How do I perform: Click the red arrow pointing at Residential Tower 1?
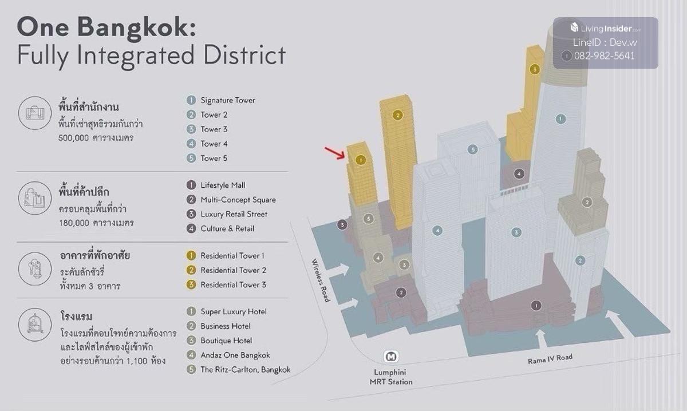click(x=334, y=153)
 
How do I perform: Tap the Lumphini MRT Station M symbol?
click(x=392, y=356)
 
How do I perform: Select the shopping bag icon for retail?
click(x=35, y=198)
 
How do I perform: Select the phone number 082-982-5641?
click(x=604, y=56)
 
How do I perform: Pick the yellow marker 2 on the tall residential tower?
click(x=398, y=115)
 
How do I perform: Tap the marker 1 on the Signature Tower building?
click(x=561, y=119)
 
